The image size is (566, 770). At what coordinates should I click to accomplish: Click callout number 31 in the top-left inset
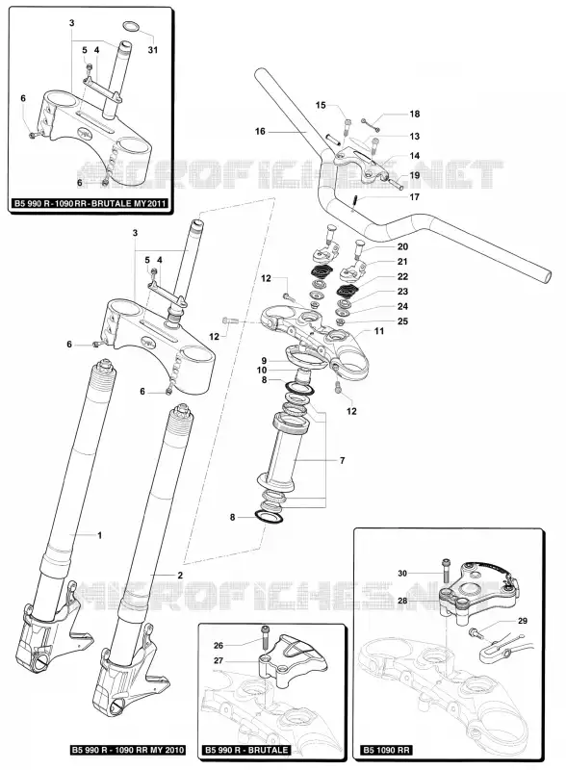tap(153, 50)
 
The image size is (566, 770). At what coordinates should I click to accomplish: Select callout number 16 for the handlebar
tap(260, 131)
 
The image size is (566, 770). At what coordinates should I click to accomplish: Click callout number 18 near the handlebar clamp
tap(415, 114)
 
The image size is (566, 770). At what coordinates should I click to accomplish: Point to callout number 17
tap(415, 197)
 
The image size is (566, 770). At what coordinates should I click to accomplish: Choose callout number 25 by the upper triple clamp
tap(402, 321)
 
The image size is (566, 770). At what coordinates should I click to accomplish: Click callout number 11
tap(379, 331)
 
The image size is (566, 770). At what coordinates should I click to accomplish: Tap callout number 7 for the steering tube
tap(343, 461)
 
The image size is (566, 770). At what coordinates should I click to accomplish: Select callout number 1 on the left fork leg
tap(100, 535)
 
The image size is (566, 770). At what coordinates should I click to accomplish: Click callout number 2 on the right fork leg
tap(180, 575)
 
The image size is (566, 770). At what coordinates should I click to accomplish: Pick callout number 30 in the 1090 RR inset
tap(402, 573)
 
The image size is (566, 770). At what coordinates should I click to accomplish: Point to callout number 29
tap(523, 621)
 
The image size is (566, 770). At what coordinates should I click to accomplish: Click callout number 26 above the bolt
tap(219, 646)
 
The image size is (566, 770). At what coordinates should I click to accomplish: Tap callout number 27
tap(219, 661)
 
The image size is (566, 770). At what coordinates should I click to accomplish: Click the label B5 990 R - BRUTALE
tap(246, 750)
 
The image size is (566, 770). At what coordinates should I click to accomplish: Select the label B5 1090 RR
tap(387, 750)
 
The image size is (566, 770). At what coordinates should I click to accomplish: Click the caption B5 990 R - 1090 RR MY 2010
tap(127, 750)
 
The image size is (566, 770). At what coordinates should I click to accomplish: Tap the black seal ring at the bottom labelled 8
tap(269, 518)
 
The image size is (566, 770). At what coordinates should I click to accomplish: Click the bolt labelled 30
tap(446, 573)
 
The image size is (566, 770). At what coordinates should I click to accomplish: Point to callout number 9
tap(264, 361)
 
